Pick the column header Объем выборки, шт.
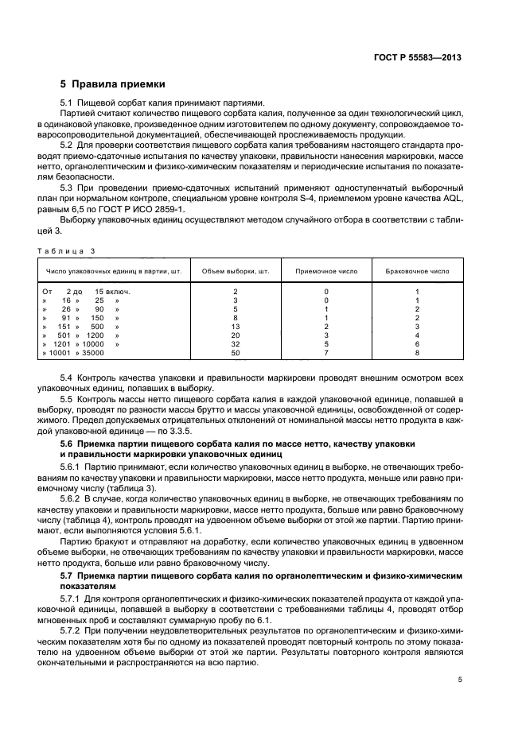235,270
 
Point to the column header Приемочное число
326,270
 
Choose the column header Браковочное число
417,270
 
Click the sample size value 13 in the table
235,326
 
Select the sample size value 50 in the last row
235,352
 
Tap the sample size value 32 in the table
235,343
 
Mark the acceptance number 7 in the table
326,352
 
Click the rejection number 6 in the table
417,343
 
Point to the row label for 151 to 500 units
80,326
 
